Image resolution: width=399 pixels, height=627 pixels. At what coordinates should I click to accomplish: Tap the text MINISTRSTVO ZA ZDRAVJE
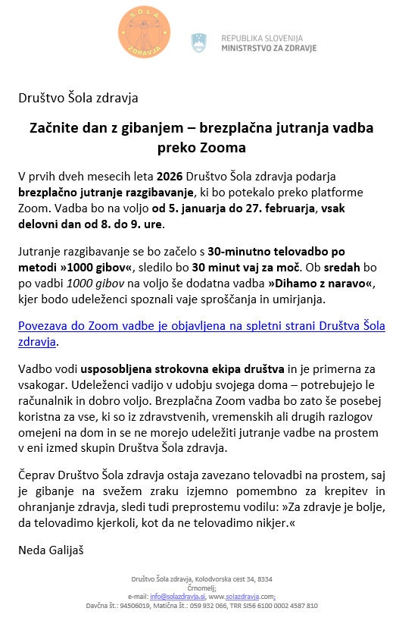click(x=269, y=48)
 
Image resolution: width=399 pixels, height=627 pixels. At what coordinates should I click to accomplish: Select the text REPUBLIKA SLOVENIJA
click(x=262, y=37)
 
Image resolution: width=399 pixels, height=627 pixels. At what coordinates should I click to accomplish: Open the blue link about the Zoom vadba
click(x=201, y=334)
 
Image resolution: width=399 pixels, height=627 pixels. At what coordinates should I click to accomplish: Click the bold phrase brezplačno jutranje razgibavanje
click(x=107, y=193)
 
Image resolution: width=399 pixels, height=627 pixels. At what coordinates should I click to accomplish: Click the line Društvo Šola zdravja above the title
click(x=78, y=98)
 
